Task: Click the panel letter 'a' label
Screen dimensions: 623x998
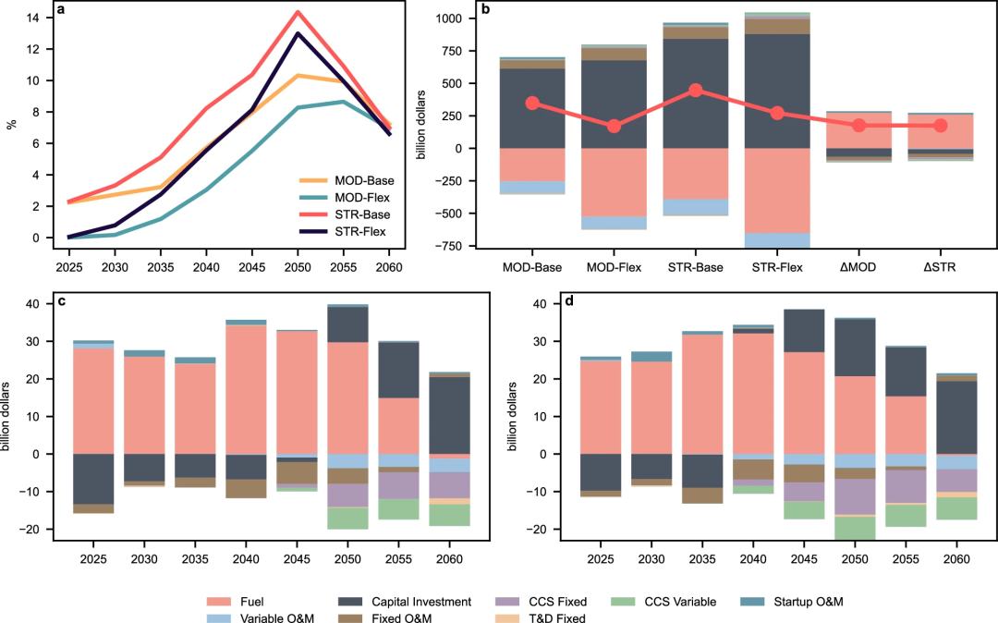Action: (x=60, y=11)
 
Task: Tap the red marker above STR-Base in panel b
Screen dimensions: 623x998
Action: (x=695, y=90)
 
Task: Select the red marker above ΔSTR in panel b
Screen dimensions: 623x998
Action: (x=941, y=125)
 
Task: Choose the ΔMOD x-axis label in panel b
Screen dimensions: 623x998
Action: (x=858, y=268)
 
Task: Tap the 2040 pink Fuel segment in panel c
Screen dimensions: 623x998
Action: (x=246, y=389)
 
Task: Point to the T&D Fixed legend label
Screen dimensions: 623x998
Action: (x=561, y=618)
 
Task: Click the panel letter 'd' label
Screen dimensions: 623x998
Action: (x=544, y=304)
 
